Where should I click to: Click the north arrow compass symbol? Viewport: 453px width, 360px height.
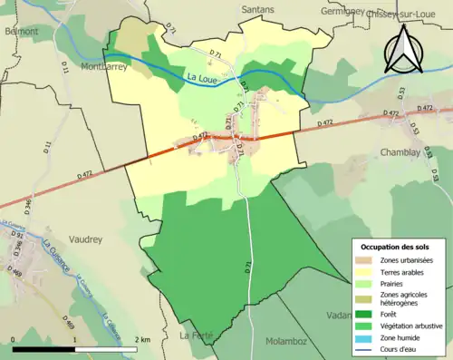403,50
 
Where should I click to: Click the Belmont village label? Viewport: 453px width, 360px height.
21,31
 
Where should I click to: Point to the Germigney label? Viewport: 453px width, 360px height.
347,12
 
